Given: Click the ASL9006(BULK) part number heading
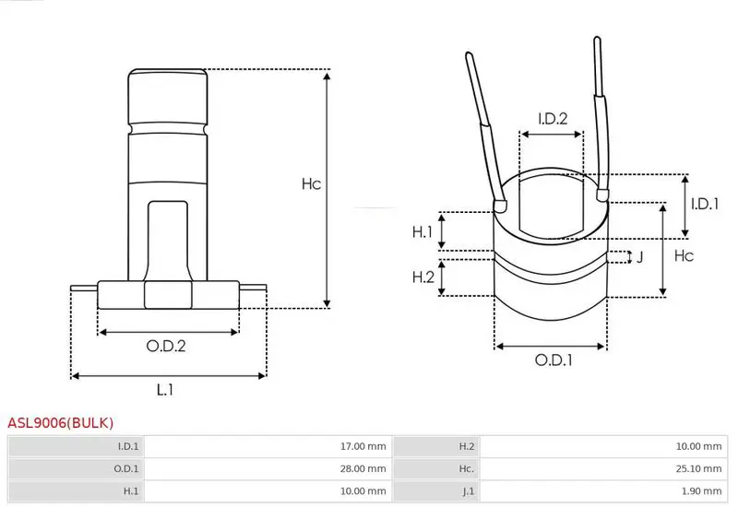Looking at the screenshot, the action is click(61, 422).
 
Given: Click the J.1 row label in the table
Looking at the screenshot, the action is click(468, 491).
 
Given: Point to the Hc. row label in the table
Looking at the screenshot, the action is click(467, 469).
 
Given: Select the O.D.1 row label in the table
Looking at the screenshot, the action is click(126, 469).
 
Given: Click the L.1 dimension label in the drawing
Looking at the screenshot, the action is click(165, 389).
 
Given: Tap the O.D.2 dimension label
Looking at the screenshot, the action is click(166, 347).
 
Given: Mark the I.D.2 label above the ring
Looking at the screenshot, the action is click(553, 119).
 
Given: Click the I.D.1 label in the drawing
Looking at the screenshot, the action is click(705, 204).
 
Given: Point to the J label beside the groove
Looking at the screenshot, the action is click(639, 257).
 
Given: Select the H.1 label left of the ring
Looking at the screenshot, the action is click(423, 231).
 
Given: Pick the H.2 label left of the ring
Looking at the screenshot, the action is click(423, 277).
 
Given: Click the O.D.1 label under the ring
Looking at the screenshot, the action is click(553, 360).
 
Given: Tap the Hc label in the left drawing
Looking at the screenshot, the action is click(311, 183).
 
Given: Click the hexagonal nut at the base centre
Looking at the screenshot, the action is click(168, 295).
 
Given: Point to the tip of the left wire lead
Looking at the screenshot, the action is click(469, 53).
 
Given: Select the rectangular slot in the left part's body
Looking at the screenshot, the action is click(168, 241).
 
